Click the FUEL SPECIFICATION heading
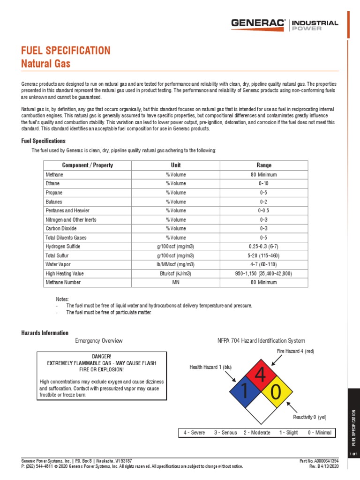click(66, 50)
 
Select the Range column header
click(264, 165)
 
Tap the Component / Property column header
click(88, 165)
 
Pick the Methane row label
click(54, 174)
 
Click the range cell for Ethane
click(264, 183)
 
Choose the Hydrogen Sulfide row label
click(63, 246)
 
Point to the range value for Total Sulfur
click(264, 255)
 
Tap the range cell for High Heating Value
click(264, 273)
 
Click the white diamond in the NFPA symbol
click(260, 407)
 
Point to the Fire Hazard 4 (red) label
click(295, 351)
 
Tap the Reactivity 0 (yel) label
click(309, 417)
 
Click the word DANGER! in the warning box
click(102, 357)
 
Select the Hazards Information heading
click(45, 333)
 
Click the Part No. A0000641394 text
click(319, 461)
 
